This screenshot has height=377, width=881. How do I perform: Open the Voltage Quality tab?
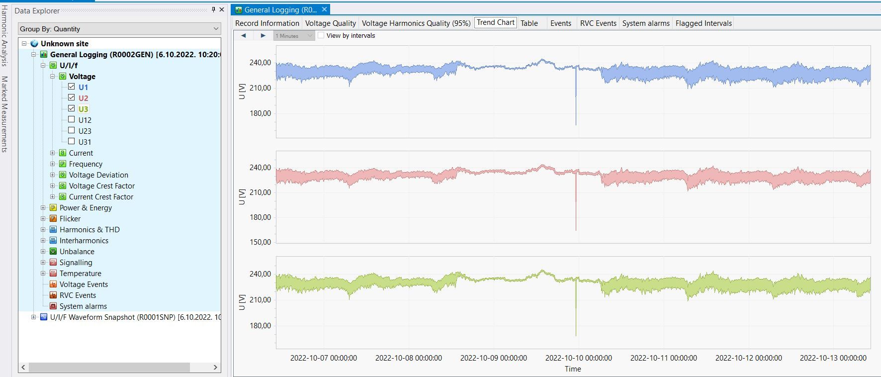click(x=330, y=23)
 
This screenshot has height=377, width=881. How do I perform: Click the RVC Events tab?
click(x=598, y=23)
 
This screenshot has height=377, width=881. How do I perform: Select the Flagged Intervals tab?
click(x=704, y=23)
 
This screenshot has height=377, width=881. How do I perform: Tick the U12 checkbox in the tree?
click(x=72, y=120)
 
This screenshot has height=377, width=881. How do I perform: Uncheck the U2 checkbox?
click(x=72, y=98)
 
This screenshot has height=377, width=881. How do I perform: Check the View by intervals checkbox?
click(x=321, y=36)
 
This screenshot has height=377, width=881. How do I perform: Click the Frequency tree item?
click(x=86, y=164)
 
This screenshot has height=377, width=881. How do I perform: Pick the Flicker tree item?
click(x=70, y=219)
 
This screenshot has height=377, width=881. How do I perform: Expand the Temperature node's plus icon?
click(x=43, y=274)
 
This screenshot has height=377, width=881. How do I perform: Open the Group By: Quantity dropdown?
click(x=119, y=29)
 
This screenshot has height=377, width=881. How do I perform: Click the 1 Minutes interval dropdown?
click(x=294, y=36)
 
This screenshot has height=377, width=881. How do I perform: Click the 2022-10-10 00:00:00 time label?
click(x=578, y=358)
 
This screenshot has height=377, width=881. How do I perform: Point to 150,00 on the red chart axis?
click(x=260, y=242)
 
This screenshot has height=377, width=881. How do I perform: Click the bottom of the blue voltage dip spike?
click(x=576, y=125)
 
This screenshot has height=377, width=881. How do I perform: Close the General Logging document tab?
click(x=324, y=9)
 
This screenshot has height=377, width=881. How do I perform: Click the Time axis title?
click(x=573, y=369)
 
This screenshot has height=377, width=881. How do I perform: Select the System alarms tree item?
click(x=83, y=306)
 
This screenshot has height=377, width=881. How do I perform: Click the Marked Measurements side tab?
click(x=5, y=114)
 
